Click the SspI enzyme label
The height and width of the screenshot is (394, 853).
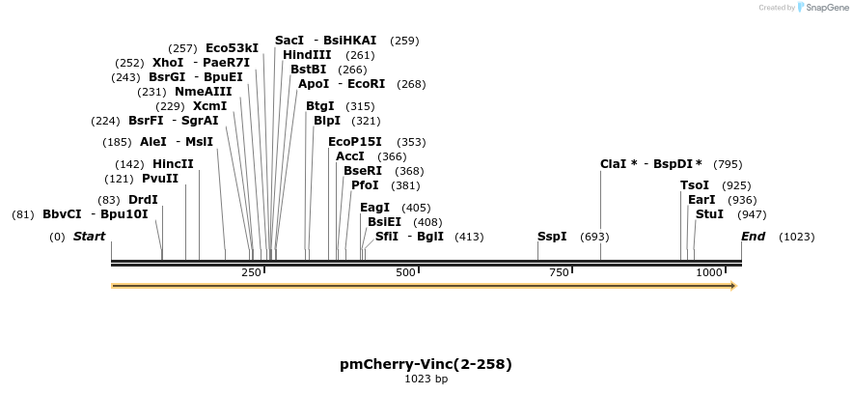(x=552, y=237)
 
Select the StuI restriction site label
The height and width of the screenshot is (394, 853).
(x=709, y=214)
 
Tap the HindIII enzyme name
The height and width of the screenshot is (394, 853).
(x=307, y=55)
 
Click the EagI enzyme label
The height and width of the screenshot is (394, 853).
(x=374, y=208)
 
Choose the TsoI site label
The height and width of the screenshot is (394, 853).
(x=695, y=185)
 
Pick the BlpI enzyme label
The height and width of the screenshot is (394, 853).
(x=327, y=121)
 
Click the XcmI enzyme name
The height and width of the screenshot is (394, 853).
(x=209, y=106)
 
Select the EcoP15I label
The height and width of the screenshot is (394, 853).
(x=354, y=142)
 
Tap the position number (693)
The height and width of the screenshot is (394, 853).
(x=594, y=237)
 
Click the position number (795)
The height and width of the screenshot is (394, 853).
(x=728, y=164)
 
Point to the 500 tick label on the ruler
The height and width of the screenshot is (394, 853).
(x=405, y=273)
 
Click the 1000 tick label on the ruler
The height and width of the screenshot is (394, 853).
(x=709, y=273)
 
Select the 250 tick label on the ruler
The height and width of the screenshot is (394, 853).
(x=251, y=273)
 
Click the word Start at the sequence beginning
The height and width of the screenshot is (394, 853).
(x=89, y=237)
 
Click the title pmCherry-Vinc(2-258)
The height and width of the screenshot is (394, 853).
(x=426, y=364)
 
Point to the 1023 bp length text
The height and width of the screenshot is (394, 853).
(x=426, y=379)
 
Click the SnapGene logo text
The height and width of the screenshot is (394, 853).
(x=826, y=8)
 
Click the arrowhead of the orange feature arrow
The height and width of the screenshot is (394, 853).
(x=733, y=286)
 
